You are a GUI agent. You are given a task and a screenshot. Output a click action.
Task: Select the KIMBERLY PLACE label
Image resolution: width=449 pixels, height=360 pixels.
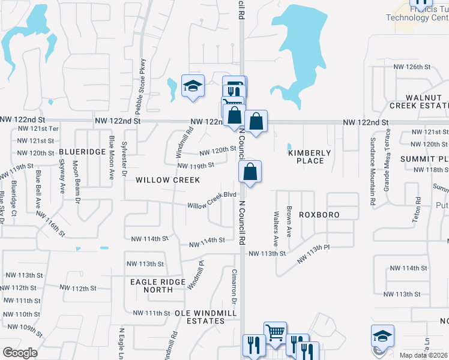click(x=310, y=157)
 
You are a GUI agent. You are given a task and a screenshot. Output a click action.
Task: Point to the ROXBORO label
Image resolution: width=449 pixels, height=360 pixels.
click(x=319, y=214)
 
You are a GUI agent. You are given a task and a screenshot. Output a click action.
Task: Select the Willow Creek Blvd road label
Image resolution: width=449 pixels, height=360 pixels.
click(x=212, y=200)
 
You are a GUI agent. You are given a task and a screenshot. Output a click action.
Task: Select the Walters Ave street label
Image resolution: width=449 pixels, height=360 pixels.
click(x=276, y=228)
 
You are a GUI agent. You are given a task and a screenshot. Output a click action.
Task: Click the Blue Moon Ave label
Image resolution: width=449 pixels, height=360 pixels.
click(x=112, y=158)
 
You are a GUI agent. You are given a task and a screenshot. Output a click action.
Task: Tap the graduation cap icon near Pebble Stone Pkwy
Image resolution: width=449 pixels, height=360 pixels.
click(x=193, y=86)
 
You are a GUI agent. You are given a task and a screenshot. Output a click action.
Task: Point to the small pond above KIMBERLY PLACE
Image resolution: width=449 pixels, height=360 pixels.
click(x=289, y=146)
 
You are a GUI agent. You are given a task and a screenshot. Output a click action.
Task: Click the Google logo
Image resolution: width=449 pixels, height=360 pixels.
click(x=20, y=353)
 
